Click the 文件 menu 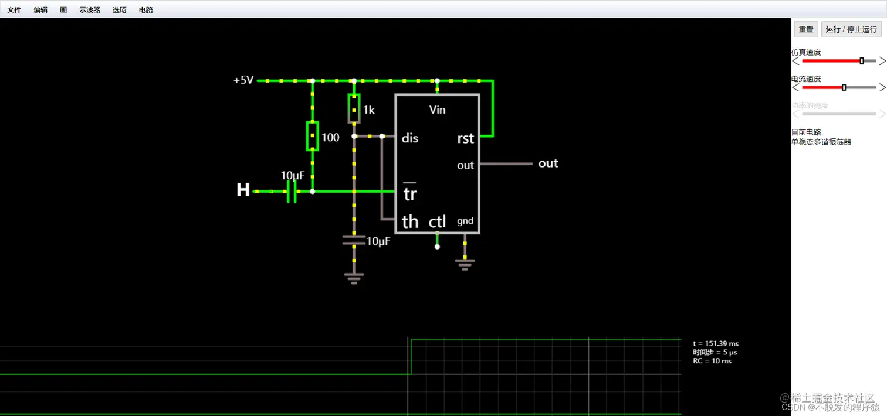(14, 10)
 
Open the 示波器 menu (90, 10)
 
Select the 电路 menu (145, 10)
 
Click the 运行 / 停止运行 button (851, 29)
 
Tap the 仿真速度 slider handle (862, 61)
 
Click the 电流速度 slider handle (844, 87)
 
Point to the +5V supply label (243, 80)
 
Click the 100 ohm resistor (312, 137)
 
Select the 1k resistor (354, 109)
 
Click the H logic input (243, 190)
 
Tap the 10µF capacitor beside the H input (292, 191)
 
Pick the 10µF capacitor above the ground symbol (354, 239)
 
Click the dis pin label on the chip (410, 139)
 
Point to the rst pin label (465, 139)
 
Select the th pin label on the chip (410, 221)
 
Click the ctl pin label (438, 221)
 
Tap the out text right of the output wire (548, 163)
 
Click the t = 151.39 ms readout (715, 343)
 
